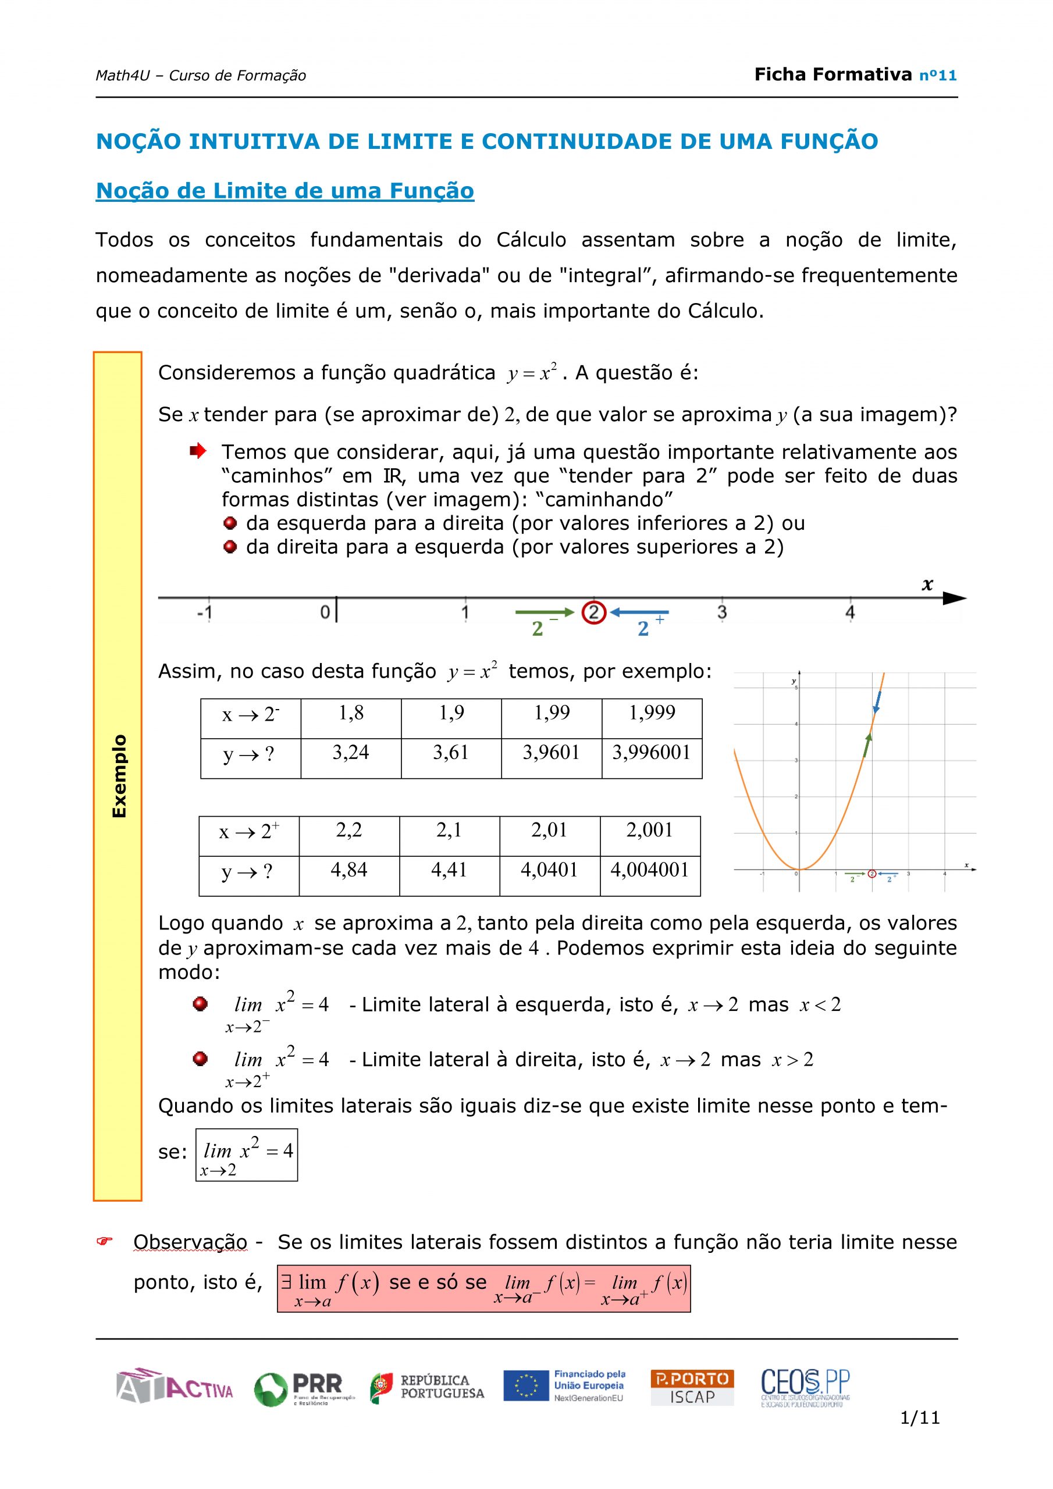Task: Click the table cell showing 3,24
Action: click(350, 752)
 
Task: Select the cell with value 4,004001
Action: click(649, 870)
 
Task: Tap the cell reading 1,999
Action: click(652, 713)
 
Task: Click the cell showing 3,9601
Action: click(551, 752)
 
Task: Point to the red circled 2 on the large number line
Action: click(593, 612)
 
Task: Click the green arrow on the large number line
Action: click(545, 612)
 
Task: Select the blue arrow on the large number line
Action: click(640, 612)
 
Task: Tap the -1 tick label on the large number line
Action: click(204, 613)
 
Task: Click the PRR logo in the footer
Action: click(304, 1388)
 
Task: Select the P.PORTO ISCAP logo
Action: click(692, 1387)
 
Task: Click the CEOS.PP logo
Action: click(805, 1387)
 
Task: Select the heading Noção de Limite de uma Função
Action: click(285, 191)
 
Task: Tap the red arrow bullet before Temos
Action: click(198, 451)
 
